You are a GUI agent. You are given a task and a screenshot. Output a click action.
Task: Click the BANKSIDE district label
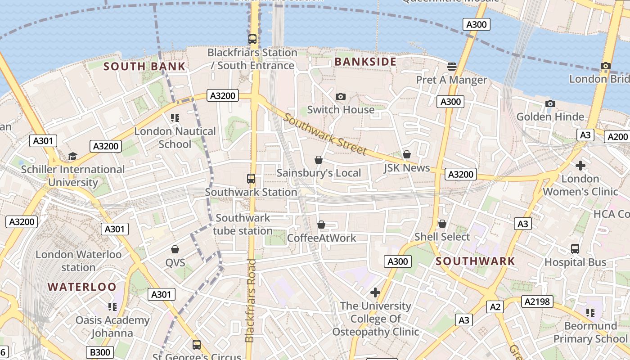365,62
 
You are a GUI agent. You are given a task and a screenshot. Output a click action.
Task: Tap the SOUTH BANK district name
144,67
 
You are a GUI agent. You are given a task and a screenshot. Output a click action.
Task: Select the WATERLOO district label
82,287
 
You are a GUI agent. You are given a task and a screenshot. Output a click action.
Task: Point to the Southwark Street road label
325,135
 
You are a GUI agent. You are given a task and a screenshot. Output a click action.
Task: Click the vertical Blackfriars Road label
251,300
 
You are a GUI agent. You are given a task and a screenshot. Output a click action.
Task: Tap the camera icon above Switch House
341,96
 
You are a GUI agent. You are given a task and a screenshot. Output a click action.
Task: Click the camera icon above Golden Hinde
550,104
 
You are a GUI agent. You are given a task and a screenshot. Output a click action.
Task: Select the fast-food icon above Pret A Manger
452,67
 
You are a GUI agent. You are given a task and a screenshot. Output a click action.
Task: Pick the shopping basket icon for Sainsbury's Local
319,160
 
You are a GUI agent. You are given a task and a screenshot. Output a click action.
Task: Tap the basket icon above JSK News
407,155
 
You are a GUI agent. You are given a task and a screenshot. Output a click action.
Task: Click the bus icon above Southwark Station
251,179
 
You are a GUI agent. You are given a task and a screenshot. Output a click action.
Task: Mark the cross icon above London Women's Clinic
580,165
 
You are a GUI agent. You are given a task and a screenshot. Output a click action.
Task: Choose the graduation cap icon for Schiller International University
72,156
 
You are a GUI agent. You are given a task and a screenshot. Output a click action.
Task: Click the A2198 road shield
537,301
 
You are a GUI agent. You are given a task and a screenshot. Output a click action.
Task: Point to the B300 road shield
100,352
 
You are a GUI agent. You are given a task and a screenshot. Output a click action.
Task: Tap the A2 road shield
495,307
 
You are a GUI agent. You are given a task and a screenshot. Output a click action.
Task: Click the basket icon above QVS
175,249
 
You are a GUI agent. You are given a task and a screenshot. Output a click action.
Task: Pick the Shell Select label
442,237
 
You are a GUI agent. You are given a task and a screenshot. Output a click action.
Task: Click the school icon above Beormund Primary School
590,312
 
